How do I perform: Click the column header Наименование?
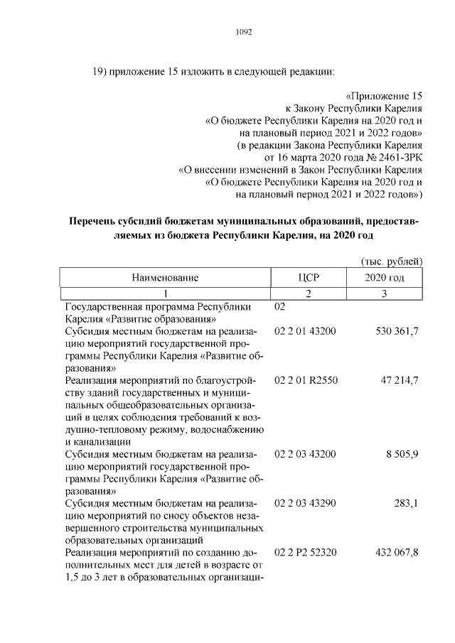(164, 277)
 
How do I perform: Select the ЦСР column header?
(309, 277)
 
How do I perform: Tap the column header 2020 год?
(385, 277)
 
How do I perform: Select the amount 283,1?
(407, 503)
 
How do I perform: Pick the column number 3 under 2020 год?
(385, 293)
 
